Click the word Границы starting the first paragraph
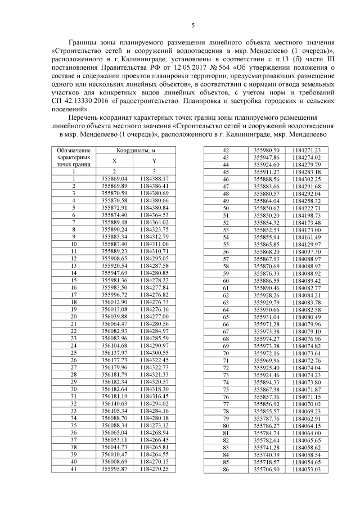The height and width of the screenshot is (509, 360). pos(85,42)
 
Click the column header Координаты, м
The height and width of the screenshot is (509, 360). pos(136,151)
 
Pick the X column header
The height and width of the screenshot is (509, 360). pos(114,160)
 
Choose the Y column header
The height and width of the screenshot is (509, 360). pos(154,160)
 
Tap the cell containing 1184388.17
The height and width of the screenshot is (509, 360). pos(154,178)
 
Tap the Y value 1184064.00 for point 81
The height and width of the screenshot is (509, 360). pos(307,433)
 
